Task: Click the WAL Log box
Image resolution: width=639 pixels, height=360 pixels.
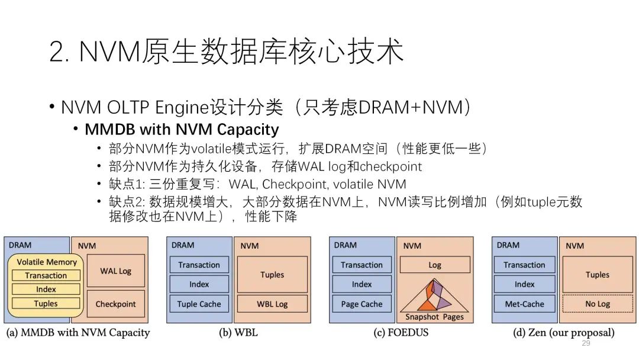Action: click(x=115, y=271)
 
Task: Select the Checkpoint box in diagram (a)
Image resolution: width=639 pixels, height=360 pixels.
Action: click(x=115, y=304)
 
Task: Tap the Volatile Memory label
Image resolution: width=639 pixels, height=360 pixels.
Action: click(x=47, y=262)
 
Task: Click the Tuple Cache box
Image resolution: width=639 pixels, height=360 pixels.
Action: click(x=199, y=304)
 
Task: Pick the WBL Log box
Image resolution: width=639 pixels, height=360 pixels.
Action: click(x=272, y=304)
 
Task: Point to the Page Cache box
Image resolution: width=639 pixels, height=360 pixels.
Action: click(x=362, y=304)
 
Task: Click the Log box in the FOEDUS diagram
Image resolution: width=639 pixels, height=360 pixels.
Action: click(x=435, y=265)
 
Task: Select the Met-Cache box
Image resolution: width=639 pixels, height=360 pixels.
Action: click(x=524, y=304)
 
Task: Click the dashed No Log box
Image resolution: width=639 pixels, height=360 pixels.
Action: click(x=598, y=304)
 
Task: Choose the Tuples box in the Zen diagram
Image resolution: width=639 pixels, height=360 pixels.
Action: click(x=598, y=275)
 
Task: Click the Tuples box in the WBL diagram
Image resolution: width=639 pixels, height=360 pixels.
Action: click(x=272, y=275)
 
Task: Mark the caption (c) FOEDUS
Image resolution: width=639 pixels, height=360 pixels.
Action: click(x=401, y=333)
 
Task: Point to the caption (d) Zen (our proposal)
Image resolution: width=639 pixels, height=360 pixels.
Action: click(x=563, y=333)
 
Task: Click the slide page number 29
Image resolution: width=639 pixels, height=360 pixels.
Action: click(x=586, y=343)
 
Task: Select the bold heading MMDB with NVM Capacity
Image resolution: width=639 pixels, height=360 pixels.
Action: click(x=182, y=129)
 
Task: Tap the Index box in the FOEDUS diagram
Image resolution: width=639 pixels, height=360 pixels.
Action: click(x=362, y=284)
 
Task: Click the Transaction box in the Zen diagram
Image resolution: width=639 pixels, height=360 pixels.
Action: click(x=524, y=265)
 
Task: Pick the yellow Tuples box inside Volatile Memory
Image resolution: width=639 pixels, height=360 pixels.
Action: click(x=46, y=304)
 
